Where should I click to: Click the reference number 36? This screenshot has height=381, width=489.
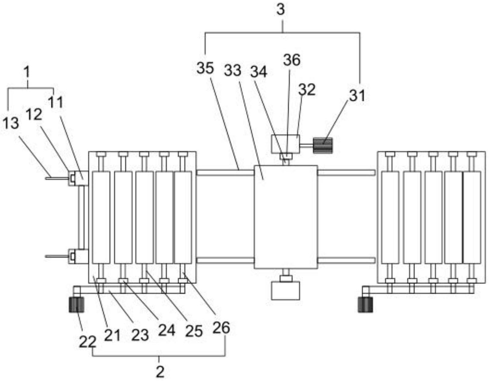[292, 60]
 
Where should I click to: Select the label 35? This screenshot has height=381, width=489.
[205, 68]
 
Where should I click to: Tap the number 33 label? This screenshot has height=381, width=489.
[232, 71]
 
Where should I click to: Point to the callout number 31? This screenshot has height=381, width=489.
[357, 96]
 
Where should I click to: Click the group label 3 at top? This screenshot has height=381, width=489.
[281, 10]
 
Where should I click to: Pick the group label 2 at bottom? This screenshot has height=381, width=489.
[160, 372]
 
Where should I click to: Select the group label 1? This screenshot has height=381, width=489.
[27, 72]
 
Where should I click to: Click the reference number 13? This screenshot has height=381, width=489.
[11, 124]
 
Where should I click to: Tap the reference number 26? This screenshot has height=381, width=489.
[221, 328]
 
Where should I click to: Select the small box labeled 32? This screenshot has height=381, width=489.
[285, 144]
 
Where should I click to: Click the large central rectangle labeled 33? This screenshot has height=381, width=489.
[286, 217]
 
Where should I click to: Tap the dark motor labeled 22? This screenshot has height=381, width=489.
[76, 305]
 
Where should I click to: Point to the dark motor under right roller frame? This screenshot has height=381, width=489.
[365, 305]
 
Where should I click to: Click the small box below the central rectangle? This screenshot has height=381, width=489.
[285, 291]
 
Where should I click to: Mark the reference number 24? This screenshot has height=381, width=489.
[166, 331]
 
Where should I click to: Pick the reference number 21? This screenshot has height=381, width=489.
[112, 335]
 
